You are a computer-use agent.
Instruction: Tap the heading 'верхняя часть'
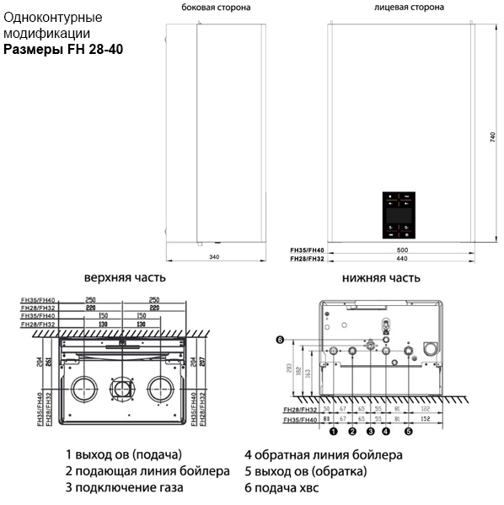pos(125,277)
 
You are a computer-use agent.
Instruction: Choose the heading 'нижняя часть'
pos(382,277)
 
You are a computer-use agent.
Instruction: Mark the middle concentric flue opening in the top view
pos(123,389)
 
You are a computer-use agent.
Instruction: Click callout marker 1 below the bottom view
pos(333,432)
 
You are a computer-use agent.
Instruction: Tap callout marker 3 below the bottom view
pos(370,432)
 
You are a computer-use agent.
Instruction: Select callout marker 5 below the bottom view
pos(408,432)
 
